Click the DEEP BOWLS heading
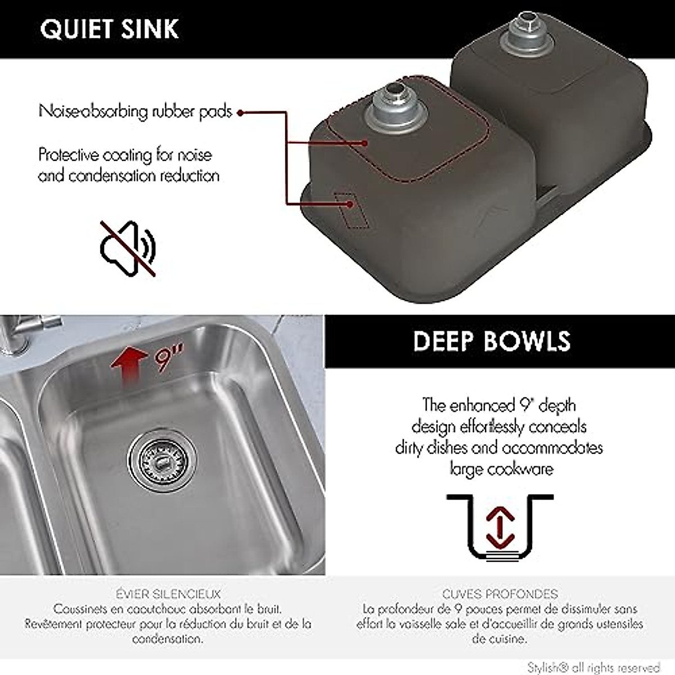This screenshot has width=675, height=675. [492, 341]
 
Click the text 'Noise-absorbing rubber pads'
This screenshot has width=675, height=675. [135, 111]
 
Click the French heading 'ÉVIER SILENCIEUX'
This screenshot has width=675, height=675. [168, 594]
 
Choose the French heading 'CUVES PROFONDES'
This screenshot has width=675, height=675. [499, 594]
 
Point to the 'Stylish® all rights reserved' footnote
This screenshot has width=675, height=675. [593, 667]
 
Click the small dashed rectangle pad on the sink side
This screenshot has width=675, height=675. [352, 210]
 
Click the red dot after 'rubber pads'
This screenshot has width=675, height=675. [240, 112]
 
